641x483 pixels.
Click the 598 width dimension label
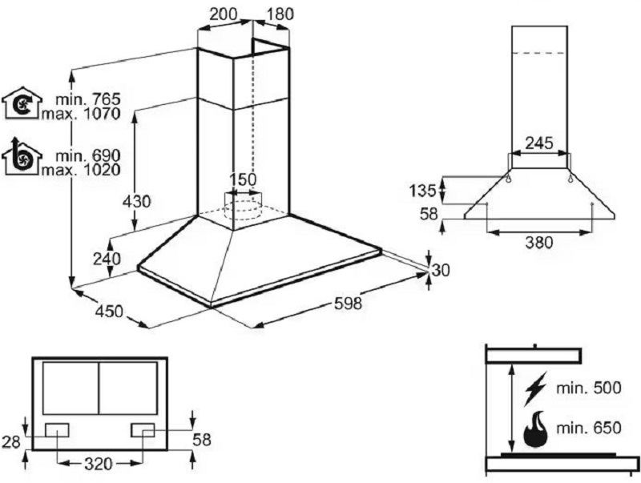(348, 304)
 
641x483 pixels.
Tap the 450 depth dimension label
(109, 312)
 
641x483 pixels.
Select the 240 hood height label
(107, 259)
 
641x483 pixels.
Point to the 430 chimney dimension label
(137, 202)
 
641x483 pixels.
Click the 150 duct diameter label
(243, 179)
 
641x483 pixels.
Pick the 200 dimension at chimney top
(224, 14)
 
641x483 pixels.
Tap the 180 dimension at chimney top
(280, 14)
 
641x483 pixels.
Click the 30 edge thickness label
(441, 270)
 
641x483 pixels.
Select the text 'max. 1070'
(81, 113)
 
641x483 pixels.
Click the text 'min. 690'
(88, 155)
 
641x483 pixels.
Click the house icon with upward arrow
(22, 156)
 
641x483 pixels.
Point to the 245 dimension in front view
(538, 143)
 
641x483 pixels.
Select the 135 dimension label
(423, 191)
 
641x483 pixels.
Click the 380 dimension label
(538, 243)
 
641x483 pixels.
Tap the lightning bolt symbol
(535, 388)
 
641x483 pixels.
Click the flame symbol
(535, 429)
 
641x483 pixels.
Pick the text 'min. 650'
(589, 428)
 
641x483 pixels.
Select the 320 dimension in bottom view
(98, 464)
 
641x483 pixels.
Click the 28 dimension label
(11, 441)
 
